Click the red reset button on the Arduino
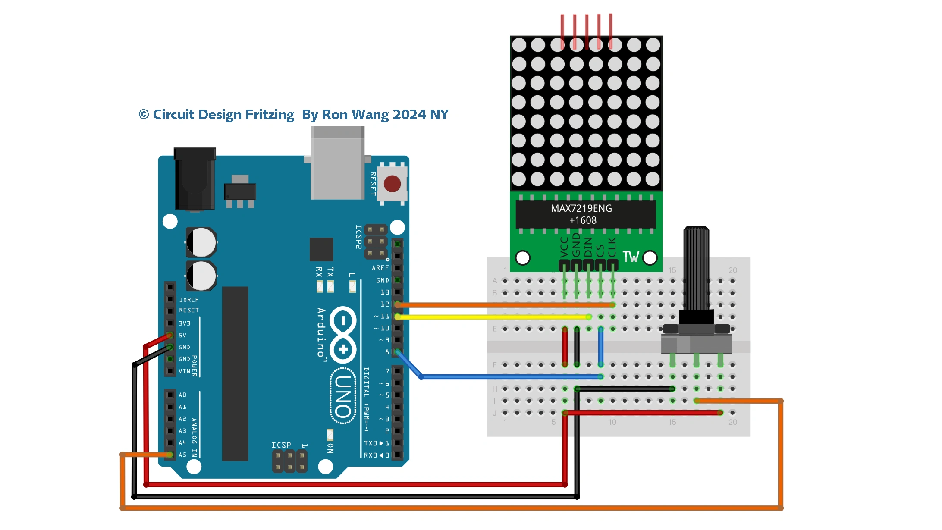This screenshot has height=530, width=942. (x=392, y=184)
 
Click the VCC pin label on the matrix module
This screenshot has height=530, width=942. (x=564, y=247)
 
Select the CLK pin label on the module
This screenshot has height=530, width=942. (x=612, y=247)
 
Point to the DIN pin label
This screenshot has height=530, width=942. (x=588, y=247)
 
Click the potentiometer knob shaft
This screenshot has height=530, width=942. (x=696, y=267)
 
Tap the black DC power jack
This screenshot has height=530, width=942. (x=195, y=179)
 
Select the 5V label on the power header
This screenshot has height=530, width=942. (x=183, y=335)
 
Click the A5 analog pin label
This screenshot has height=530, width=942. (x=183, y=455)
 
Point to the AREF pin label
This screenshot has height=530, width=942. (x=380, y=268)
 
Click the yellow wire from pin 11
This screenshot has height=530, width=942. (x=492, y=317)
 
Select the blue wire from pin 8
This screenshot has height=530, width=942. (x=509, y=377)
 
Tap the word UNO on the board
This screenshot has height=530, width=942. (x=343, y=396)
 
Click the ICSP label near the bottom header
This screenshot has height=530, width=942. (x=281, y=445)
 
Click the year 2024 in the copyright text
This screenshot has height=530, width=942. (x=409, y=114)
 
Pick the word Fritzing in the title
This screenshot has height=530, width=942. (x=270, y=114)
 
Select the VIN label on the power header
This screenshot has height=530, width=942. (x=184, y=371)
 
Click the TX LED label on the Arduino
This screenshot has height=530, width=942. (x=330, y=272)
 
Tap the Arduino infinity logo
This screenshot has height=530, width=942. (x=343, y=335)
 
